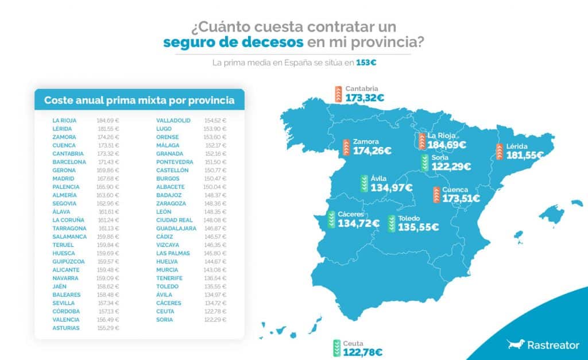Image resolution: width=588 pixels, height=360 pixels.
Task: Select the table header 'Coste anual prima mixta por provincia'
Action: click(139, 100)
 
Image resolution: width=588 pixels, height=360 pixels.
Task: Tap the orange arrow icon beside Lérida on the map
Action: click(500, 151)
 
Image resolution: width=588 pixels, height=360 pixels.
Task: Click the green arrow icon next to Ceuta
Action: click(336, 348)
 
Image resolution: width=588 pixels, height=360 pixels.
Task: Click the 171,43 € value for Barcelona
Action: click(107, 162)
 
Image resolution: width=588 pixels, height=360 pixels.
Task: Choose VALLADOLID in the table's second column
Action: click(173, 121)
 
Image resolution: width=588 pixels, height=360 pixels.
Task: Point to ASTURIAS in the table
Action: click(65, 328)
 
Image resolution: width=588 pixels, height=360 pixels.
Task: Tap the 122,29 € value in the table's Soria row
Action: click(215, 319)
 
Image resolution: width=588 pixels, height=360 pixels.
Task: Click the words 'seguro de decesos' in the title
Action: click(233, 42)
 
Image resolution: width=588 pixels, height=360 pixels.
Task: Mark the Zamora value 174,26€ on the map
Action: click(372, 151)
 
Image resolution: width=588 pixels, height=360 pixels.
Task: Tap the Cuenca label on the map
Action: click(455, 189)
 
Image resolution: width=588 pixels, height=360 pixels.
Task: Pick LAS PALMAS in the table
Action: click(171, 253)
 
